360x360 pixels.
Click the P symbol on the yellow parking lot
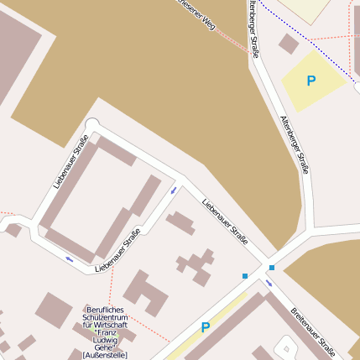click(x=311, y=81)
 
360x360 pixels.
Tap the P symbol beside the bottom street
click(x=206, y=327)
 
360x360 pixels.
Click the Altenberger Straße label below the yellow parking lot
click(x=295, y=144)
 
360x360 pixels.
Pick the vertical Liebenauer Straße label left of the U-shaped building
click(x=70, y=161)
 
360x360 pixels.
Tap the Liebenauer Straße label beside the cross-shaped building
click(x=225, y=223)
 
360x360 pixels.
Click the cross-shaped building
click(x=195, y=265)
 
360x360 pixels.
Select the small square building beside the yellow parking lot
click(x=289, y=44)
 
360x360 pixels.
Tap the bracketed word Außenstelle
click(x=105, y=355)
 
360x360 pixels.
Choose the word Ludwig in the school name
click(x=106, y=340)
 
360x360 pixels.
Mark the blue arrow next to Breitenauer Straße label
click(x=269, y=282)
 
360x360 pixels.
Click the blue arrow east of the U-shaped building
click(x=174, y=190)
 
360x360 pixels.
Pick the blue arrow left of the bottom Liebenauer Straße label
click(x=69, y=258)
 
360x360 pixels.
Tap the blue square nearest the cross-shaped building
click(x=245, y=275)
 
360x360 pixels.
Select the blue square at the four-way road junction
click(x=271, y=268)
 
